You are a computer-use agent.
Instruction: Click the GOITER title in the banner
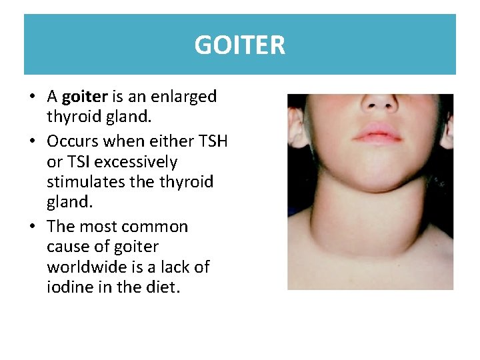(240, 45)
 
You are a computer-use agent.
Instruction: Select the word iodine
(67, 287)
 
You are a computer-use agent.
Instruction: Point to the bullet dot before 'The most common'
(32, 227)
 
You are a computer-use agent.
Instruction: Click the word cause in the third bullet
(69, 247)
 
